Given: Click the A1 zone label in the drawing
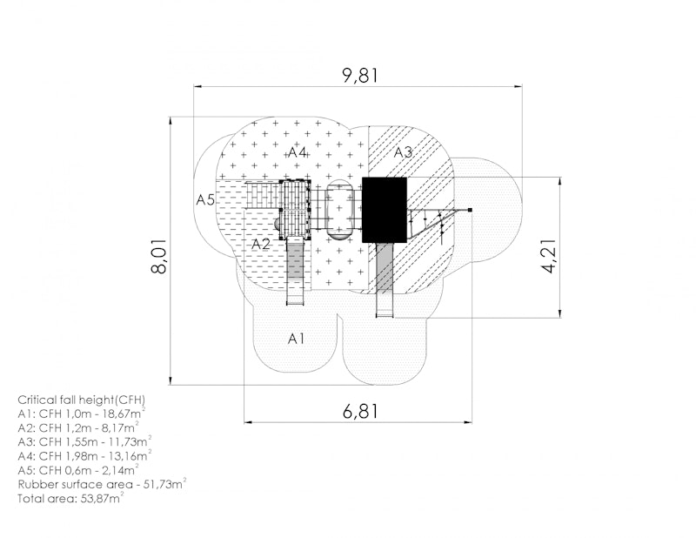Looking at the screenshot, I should [x=297, y=337].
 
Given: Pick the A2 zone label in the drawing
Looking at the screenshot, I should [x=261, y=245].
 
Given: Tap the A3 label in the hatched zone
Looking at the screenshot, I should [x=403, y=152].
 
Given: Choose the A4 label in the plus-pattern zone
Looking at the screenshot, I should [x=298, y=152].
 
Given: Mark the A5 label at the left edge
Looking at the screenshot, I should [x=205, y=199].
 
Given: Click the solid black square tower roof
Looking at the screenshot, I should [x=384, y=210].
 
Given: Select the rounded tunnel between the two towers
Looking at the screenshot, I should [x=339, y=209].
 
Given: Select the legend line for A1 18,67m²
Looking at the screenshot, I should [x=81, y=414].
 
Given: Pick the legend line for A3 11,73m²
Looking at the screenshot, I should [x=84, y=441].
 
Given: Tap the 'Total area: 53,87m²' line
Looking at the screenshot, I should [x=70, y=498].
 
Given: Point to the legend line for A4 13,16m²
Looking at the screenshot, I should [x=84, y=455].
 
